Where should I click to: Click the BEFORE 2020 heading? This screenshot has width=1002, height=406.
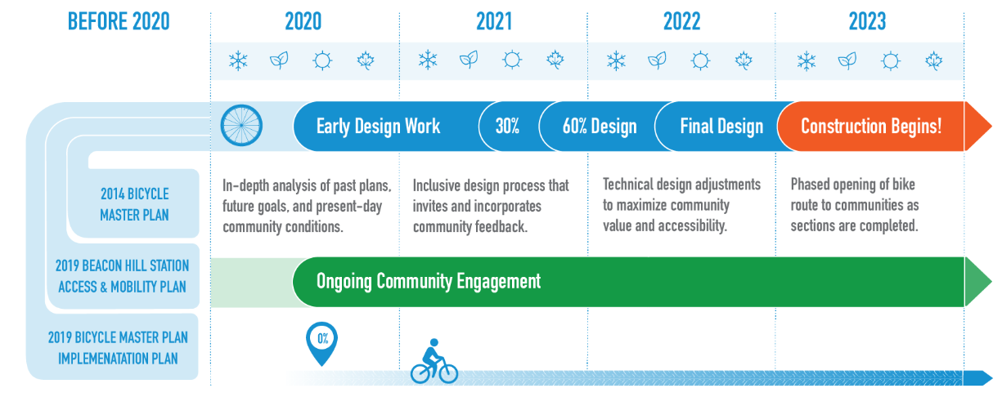[x=119, y=21]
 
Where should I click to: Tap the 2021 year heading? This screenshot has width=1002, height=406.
[x=494, y=21]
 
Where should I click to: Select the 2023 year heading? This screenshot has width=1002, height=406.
[x=867, y=21]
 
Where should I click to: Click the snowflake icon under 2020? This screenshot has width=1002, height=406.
[x=238, y=60]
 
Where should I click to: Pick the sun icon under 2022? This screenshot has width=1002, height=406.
[x=700, y=60]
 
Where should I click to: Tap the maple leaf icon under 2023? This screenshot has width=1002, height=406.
[x=933, y=60]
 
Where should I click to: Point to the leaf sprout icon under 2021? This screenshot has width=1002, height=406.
[x=469, y=60]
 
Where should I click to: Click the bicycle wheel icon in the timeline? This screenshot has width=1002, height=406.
[x=241, y=126]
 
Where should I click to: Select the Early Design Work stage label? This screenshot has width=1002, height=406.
[x=379, y=127]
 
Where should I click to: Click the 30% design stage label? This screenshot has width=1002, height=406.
[x=507, y=126]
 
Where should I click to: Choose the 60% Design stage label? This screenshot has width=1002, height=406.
[x=600, y=127]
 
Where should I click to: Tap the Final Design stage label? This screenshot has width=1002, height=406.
[x=721, y=127]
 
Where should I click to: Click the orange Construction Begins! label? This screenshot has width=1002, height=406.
[x=871, y=127]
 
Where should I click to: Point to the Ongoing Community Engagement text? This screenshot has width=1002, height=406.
[x=429, y=281]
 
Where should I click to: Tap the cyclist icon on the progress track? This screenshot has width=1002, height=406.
[x=434, y=361]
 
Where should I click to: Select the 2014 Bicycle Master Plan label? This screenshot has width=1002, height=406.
[x=135, y=204]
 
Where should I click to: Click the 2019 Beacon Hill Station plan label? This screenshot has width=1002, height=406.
[x=122, y=276]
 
